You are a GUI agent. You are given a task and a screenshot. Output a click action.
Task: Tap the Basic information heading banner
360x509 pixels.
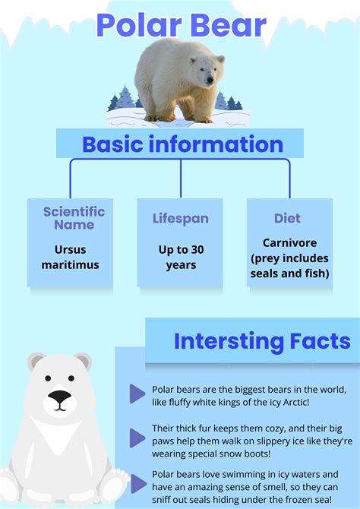182,144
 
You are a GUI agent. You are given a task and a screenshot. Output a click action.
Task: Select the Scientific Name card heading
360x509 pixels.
74,218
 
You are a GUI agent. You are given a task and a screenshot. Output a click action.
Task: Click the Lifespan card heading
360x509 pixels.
180,218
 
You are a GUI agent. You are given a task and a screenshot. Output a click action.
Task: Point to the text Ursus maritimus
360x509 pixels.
76,258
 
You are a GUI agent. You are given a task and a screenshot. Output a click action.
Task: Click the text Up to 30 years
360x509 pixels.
180,258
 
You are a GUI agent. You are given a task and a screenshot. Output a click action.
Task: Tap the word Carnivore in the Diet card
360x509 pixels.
289,243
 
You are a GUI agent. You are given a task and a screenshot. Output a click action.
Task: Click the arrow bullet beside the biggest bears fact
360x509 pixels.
137,393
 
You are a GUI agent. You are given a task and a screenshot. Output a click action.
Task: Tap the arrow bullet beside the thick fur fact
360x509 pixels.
137,438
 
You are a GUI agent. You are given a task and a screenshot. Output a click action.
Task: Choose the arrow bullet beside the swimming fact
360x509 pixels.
137,482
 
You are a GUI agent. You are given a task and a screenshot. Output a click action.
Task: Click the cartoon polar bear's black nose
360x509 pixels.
58,396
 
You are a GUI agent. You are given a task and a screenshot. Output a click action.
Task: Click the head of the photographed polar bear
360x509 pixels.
204,73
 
